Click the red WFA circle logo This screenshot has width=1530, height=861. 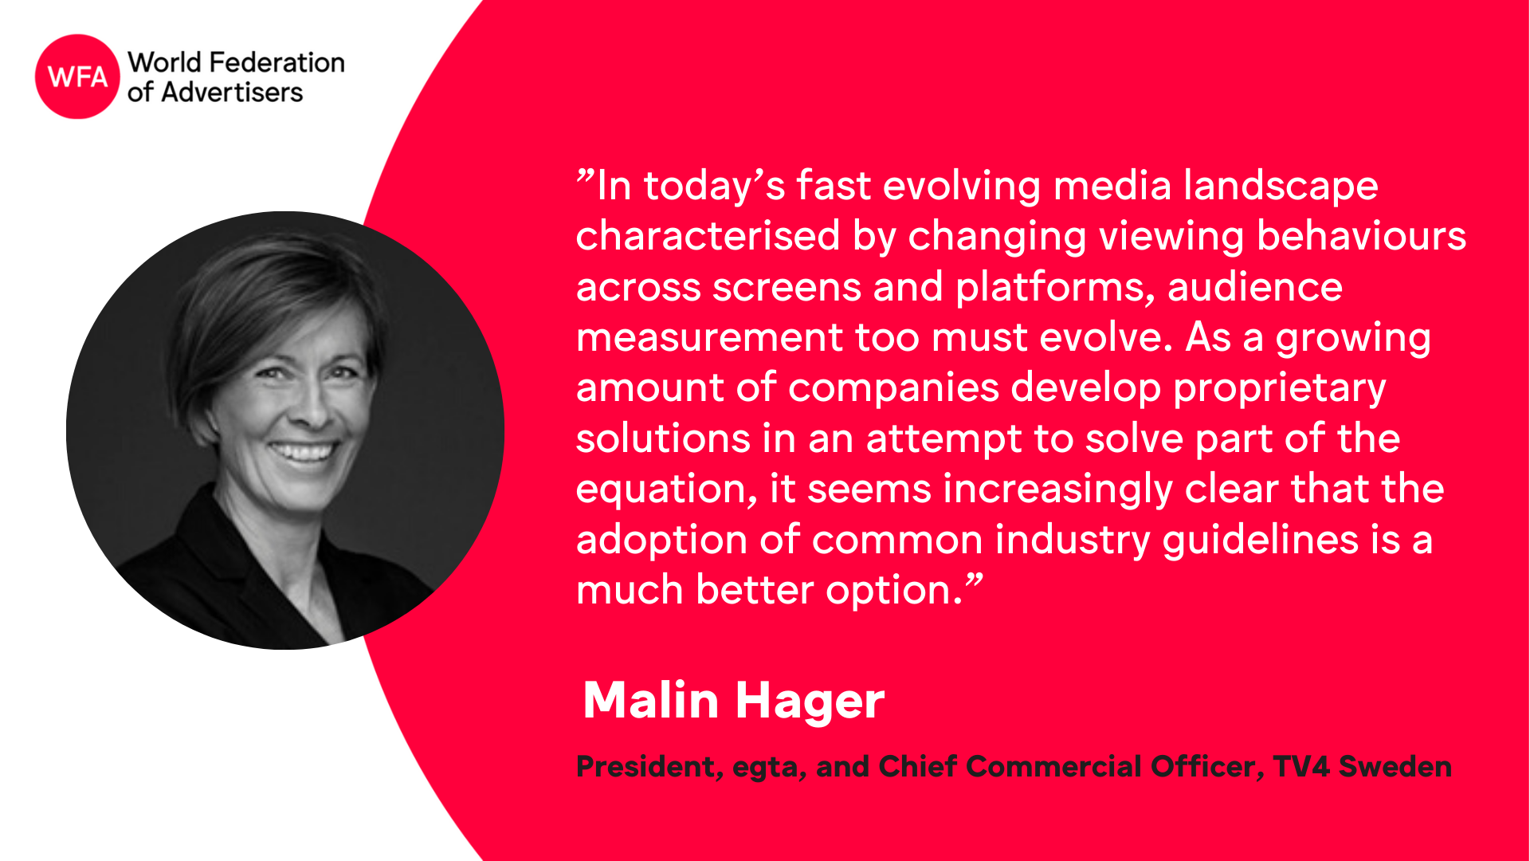(x=77, y=77)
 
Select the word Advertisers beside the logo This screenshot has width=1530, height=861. (x=232, y=92)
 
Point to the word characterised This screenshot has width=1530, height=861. (x=708, y=236)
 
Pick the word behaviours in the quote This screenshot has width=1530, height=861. (x=1361, y=236)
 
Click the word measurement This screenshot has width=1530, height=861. (x=709, y=337)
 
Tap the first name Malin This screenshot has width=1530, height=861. (x=651, y=700)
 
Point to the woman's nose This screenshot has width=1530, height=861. (x=312, y=407)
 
